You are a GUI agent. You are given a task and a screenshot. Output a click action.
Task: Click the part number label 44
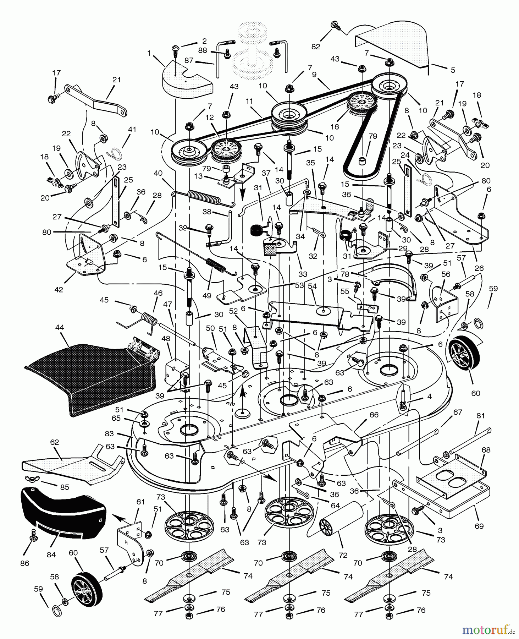point(60,327)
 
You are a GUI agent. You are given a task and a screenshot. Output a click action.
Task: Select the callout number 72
point(343,555)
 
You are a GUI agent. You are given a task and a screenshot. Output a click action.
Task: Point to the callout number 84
point(51,555)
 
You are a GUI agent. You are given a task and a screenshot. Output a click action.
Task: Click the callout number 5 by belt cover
point(453,70)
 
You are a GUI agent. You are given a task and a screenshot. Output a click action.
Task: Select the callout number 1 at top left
point(149,53)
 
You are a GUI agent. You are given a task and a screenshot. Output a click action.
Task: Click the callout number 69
point(479,526)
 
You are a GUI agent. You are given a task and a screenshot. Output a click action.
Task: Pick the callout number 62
point(54,442)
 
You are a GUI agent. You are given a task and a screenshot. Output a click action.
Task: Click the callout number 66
point(374,415)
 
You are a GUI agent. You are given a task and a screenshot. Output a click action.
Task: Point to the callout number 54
point(312,286)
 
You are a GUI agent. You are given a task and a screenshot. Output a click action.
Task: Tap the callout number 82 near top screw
point(316,47)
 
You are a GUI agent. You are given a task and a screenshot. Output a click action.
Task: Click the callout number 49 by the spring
point(207,295)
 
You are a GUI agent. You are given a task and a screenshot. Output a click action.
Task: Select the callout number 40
point(158,173)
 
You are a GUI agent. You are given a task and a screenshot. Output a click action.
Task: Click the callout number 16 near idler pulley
point(335,126)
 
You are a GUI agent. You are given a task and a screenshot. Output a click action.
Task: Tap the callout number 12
point(209,117)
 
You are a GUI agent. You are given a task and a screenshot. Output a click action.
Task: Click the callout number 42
point(59,289)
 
